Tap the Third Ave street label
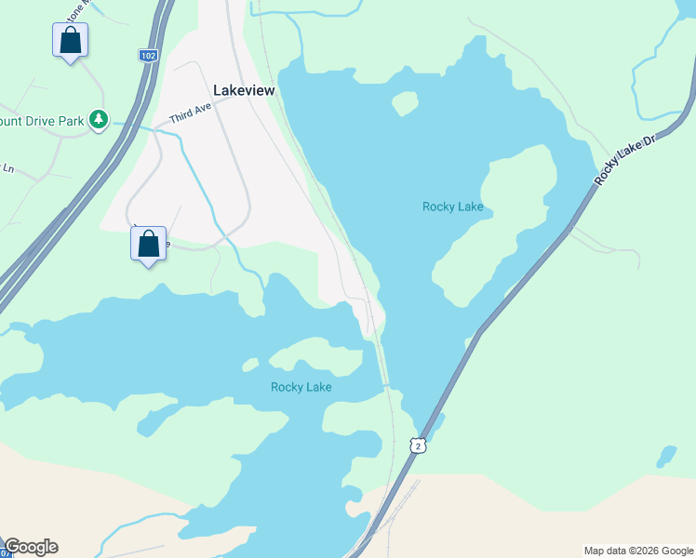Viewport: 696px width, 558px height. coord(191,113)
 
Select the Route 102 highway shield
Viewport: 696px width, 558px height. coord(148,56)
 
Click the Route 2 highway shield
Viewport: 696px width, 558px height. coord(420,446)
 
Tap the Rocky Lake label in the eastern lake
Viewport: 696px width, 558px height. coord(452,206)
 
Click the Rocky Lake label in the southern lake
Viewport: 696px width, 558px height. coord(301,387)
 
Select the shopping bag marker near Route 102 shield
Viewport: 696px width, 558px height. coord(70,41)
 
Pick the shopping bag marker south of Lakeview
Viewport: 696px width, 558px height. coord(149,245)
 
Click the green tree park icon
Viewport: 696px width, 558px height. coord(99,120)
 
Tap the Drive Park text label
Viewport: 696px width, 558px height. coord(42,120)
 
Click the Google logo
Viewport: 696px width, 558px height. coord(31,547)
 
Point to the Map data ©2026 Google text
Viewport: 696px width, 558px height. coord(637,551)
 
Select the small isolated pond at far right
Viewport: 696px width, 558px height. coord(666,457)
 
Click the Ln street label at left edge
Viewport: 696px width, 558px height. coord(8,168)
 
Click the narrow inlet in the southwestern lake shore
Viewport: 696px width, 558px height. coord(149,423)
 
